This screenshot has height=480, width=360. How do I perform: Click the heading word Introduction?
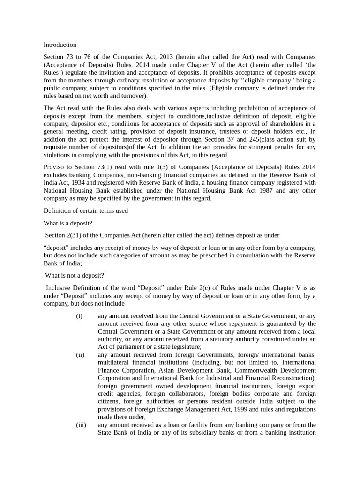point(60,45)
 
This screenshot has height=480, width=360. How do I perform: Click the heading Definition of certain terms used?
point(86,211)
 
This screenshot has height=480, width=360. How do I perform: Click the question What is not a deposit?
point(75,276)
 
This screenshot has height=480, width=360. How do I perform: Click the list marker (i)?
point(79,316)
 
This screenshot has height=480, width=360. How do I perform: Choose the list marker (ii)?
point(80,355)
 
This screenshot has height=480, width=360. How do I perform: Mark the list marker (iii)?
point(81,425)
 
